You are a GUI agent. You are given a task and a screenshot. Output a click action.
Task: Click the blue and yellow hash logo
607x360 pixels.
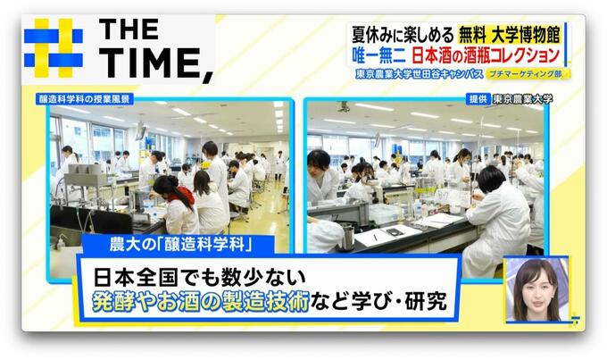54,47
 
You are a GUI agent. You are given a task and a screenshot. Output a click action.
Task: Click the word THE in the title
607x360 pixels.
129,29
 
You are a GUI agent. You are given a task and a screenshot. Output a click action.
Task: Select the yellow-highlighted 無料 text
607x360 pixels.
472,36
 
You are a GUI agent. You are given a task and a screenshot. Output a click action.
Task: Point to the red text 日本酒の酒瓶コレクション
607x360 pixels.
486,55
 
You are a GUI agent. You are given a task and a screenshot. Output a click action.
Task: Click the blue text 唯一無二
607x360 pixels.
379,55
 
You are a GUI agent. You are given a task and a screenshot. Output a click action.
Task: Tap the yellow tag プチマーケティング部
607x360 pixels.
528,73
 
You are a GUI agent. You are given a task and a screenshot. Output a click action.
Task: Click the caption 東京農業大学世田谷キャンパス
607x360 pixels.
420,73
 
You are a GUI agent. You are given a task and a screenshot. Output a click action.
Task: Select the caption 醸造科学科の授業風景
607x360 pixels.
85,99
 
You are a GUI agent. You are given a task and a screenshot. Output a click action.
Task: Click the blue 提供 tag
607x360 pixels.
478,99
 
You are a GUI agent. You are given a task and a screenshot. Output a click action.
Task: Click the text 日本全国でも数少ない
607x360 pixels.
200,277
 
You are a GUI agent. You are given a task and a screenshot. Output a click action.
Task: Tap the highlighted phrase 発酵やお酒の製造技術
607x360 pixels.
201,302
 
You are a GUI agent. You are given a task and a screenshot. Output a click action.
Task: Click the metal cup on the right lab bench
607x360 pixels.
347,237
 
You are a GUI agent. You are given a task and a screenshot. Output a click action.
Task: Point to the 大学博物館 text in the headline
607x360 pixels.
526,36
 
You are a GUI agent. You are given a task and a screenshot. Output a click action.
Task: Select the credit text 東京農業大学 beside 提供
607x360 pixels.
522,99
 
